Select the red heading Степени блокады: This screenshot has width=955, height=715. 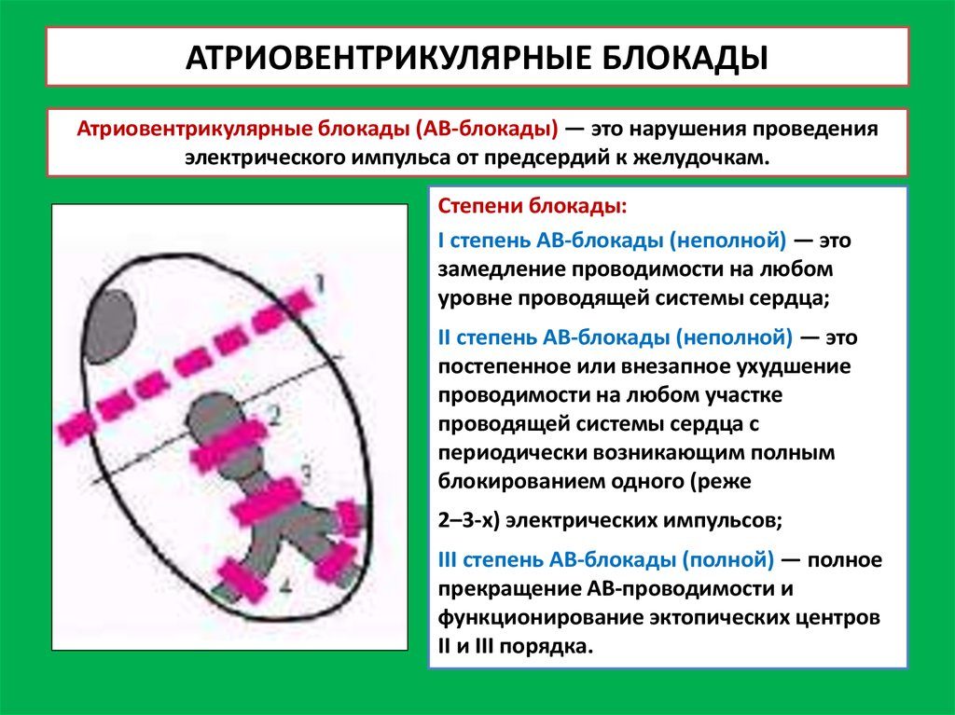coord(533,206)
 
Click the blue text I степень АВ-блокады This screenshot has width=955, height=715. coord(550,240)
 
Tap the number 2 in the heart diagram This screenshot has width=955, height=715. coord(275,416)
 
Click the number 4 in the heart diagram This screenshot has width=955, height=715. coord(285,585)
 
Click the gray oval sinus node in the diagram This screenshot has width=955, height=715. coord(111,326)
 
